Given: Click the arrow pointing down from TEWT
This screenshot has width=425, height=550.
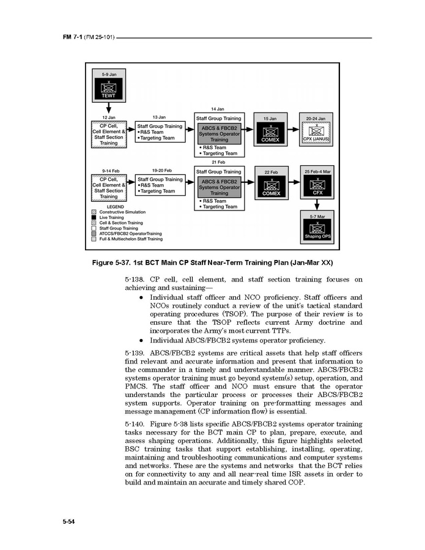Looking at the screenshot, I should [108, 108].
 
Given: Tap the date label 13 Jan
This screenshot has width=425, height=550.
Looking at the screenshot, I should [160, 117].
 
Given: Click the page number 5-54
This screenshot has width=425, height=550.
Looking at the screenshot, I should [68, 521].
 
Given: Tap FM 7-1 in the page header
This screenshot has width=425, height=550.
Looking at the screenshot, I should [72, 38].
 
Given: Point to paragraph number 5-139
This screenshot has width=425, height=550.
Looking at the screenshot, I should [135, 353].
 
